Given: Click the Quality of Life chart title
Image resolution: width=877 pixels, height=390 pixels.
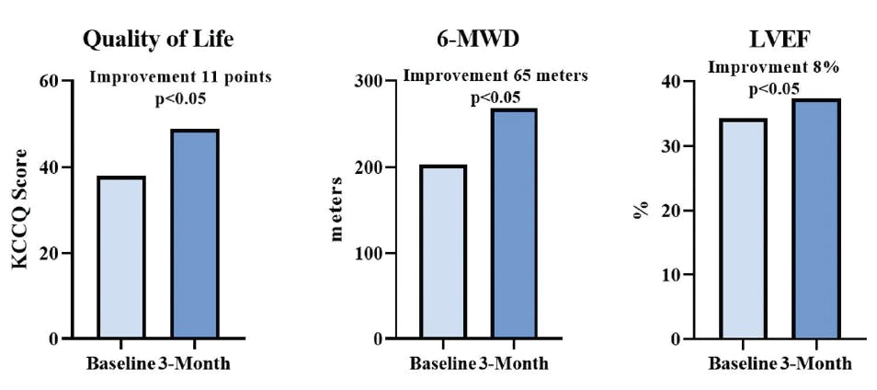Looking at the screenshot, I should click(158, 40).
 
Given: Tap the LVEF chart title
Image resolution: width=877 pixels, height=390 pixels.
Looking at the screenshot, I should click(779, 40).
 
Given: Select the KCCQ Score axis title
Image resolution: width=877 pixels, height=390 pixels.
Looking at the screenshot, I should click(20, 210).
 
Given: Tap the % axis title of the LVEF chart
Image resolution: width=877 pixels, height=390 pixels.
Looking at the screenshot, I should click(644, 210).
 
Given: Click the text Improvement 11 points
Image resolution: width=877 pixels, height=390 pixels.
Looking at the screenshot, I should click(180, 76).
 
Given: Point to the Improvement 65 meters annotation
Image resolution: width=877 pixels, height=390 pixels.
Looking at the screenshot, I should click(495, 76).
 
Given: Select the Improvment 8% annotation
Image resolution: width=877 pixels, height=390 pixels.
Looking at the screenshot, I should click(774, 67).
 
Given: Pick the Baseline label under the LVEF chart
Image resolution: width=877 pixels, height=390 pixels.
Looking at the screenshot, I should click(742, 362).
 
